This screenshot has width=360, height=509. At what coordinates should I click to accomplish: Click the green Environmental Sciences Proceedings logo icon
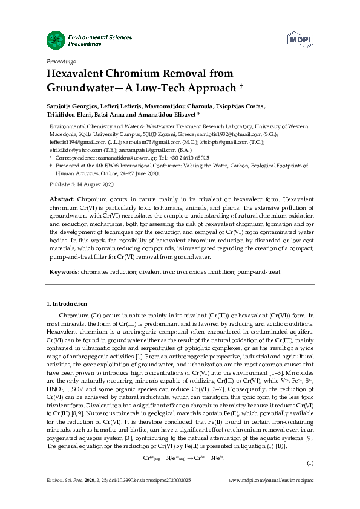tap(55, 41)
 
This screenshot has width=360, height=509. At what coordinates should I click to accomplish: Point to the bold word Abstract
tap(61, 199)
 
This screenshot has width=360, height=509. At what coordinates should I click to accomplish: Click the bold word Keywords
tap(62, 272)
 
